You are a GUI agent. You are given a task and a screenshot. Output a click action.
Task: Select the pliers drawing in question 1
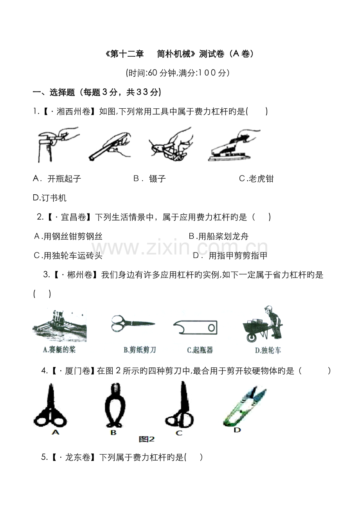[170, 144]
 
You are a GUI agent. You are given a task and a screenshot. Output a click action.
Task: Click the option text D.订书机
[50, 198]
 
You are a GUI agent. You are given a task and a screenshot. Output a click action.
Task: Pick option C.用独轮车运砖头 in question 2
[68, 256]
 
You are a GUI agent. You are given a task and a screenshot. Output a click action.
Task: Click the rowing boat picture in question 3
[59, 325]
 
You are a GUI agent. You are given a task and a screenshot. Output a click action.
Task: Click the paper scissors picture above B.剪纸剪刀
[133, 324]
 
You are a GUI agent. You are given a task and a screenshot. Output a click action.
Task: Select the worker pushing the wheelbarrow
[263, 323]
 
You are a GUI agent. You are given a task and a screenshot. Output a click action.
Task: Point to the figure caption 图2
[147, 439]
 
